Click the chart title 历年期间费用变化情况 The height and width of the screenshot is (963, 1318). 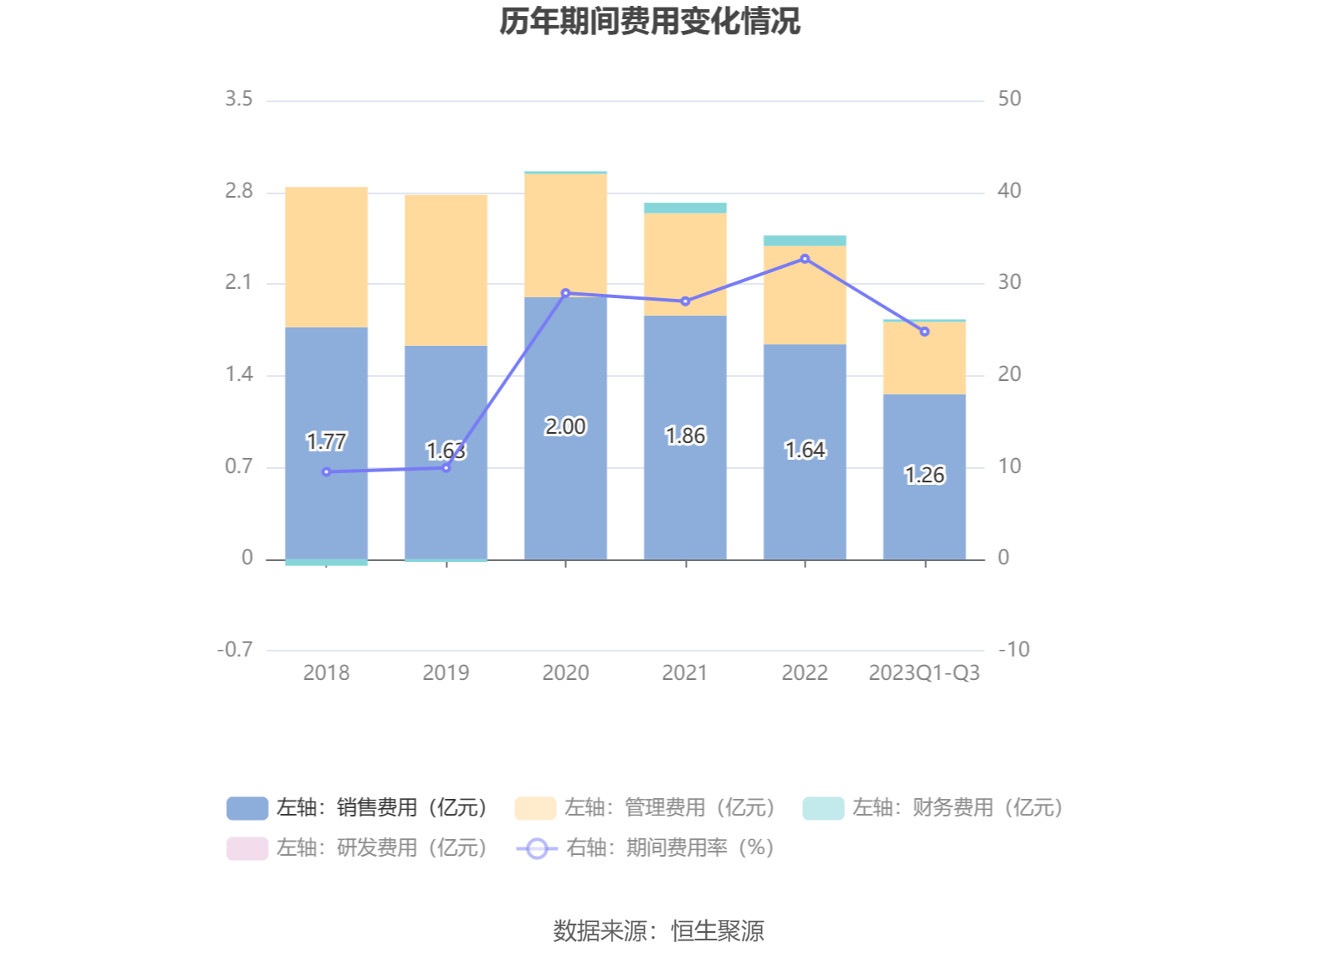pos(650,22)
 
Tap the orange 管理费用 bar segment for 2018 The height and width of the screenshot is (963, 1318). pos(326,256)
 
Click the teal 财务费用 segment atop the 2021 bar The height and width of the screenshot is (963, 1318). pos(685,208)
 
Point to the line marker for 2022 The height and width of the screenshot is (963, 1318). pos(805,259)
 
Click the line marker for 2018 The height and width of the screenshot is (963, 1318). pos(327,472)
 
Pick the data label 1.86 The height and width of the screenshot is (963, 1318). pos(685,435)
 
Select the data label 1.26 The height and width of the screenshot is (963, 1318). pos(924,476)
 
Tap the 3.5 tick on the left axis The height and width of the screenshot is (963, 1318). pos(239,99)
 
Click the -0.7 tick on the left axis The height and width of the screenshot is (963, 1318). pos(235,650)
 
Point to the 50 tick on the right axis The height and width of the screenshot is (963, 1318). pos(1009,99)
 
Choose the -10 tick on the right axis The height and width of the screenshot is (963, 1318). pos(1013,650)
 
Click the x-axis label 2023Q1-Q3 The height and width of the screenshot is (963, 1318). pos(924,672)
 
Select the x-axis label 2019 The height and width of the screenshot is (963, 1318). pos(445,672)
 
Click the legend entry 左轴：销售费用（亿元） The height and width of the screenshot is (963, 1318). pos(358,807)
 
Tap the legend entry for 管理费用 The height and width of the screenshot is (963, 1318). pos(646,807)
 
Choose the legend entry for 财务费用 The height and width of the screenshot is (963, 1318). pos(934,807)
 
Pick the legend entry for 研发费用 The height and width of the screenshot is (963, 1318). pos(358,847)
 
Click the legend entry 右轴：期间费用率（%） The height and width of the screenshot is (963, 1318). pos(646,847)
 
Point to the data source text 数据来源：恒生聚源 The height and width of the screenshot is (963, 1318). pos(658,930)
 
